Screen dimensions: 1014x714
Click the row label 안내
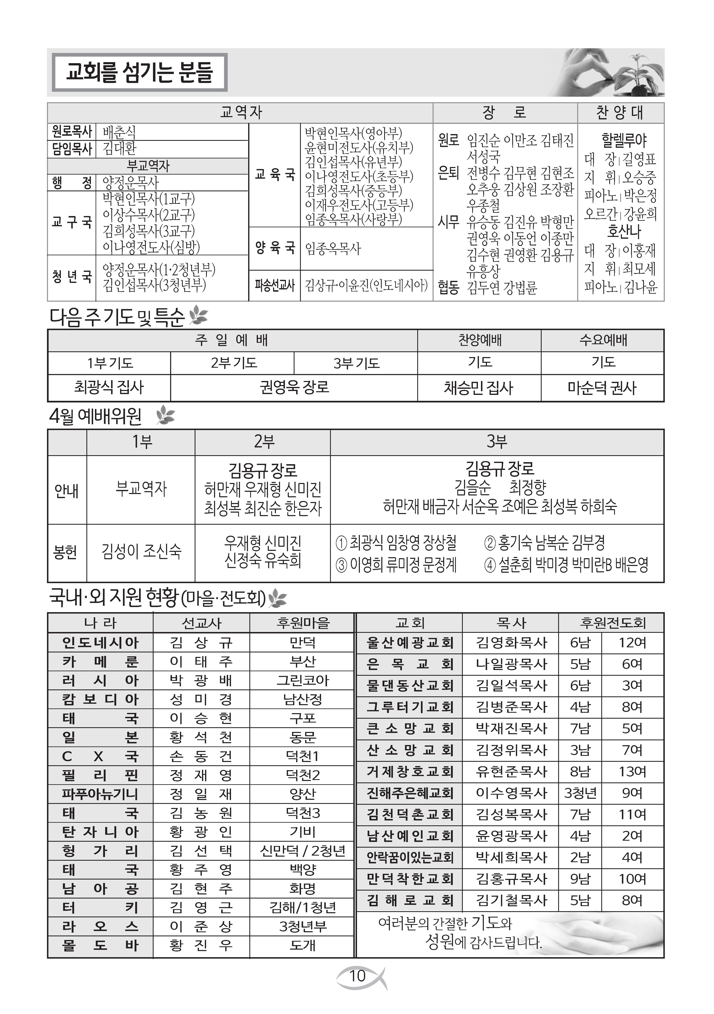[67, 490]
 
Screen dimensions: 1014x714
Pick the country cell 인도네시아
[100, 643]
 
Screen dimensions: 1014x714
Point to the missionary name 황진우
[201, 946]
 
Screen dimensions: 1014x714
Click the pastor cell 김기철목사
[511, 900]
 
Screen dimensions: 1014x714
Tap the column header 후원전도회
[612, 623]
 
